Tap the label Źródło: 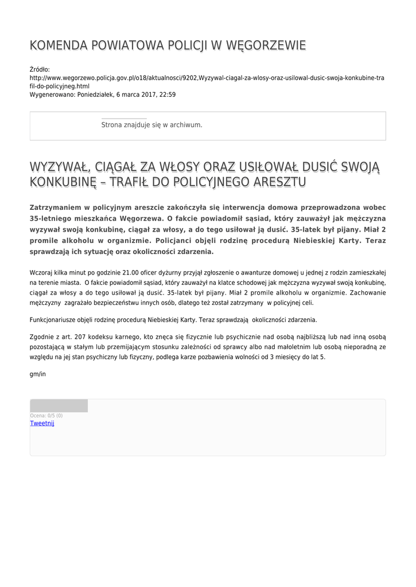pyautogui.click(x=40, y=69)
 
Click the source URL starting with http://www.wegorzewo pyautogui.click(x=207, y=77)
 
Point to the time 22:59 pyautogui.click(x=168, y=95)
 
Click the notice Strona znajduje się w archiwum pyautogui.click(x=151, y=124)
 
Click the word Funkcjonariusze pyautogui.click(x=55, y=319)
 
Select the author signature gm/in pyautogui.click(x=37, y=374)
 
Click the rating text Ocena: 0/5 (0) pyautogui.click(x=46, y=416)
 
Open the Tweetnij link pyautogui.click(x=42, y=423)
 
